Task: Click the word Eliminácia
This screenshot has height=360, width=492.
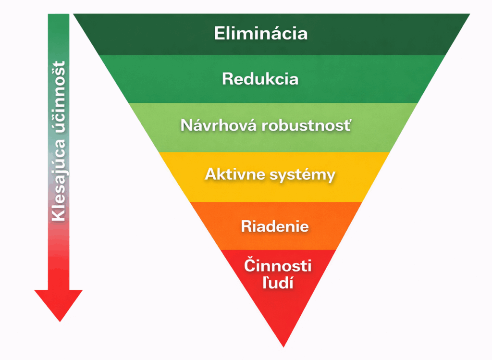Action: point(260,34)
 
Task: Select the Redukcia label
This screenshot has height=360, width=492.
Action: point(260,79)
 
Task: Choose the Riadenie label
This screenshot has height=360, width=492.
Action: point(275,226)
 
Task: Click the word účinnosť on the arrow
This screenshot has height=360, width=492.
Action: point(59,96)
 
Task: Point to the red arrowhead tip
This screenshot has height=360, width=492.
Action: point(59,320)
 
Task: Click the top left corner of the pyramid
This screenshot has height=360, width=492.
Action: point(74,14)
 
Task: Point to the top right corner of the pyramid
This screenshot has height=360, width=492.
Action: point(469,14)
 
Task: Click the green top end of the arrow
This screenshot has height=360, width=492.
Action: point(59,19)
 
